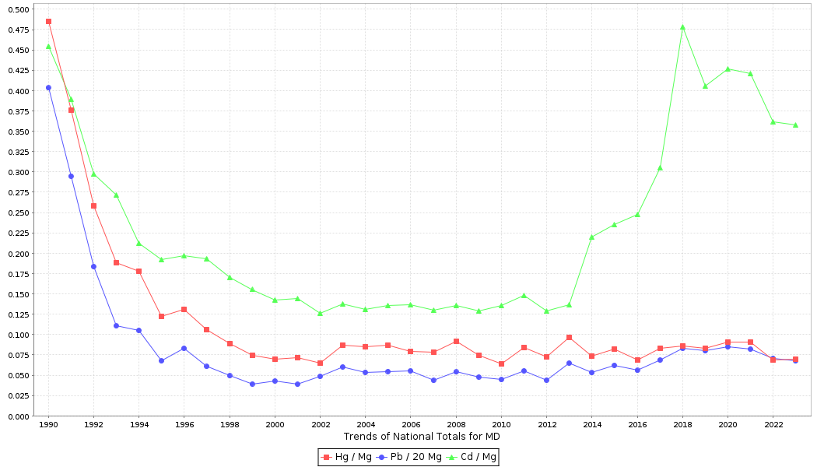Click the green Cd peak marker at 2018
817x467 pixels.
pos(682,27)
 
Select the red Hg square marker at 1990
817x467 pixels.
pos(48,22)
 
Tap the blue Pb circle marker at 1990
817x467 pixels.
pos(48,88)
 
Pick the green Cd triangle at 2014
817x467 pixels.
pos(591,237)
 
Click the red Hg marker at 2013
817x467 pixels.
pos(569,337)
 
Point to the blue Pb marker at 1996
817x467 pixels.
pos(184,348)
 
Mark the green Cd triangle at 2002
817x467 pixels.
pos(320,313)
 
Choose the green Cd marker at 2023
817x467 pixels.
pos(795,125)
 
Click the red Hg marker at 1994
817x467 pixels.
pos(139,271)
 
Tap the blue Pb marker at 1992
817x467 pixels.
pos(93,266)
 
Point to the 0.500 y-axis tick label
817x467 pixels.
pos(19,9)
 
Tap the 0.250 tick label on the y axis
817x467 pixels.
pos(19,212)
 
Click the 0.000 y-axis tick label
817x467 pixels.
pos(19,416)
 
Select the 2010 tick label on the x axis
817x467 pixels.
pos(501,424)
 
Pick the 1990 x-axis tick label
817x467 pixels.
pos(48,424)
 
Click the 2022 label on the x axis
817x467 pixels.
pos(773,424)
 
